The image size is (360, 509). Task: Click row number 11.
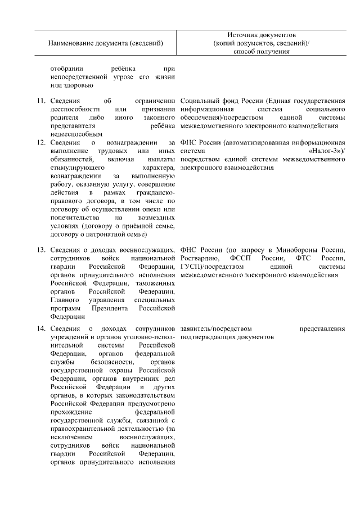40,101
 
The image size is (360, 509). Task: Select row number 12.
40,143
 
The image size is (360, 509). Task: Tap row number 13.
40,250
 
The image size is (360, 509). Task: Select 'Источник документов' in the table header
262,35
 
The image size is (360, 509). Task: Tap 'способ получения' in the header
262,52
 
